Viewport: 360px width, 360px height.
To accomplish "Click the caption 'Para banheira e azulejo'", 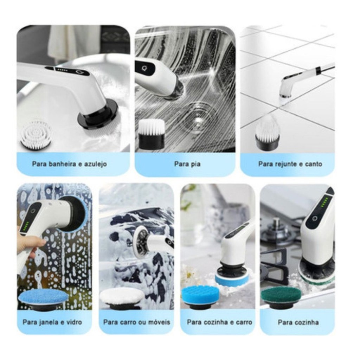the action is [x=69, y=164].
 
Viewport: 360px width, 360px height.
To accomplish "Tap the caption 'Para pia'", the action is [x=187, y=164].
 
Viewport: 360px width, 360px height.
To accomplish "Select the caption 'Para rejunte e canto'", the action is [x=290, y=164].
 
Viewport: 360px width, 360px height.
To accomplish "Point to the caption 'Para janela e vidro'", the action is [x=52, y=322].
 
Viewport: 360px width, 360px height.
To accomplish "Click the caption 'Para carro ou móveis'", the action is [x=137, y=322].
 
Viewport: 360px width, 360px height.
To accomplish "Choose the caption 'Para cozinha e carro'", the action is [x=219, y=322].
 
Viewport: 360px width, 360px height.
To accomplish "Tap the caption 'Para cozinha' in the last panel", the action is [x=298, y=322].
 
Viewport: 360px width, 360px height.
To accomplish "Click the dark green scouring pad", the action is [x=281, y=297].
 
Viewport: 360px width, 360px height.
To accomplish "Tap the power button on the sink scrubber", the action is [x=144, y=68].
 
